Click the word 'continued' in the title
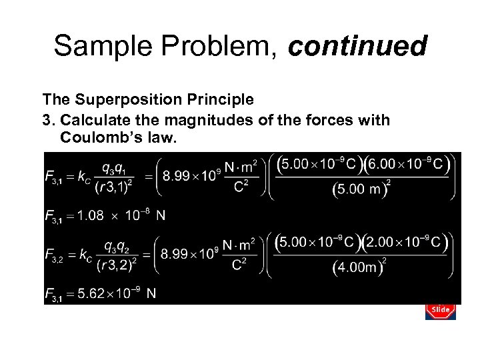coord(358,47)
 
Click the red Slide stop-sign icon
coord(439,309)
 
